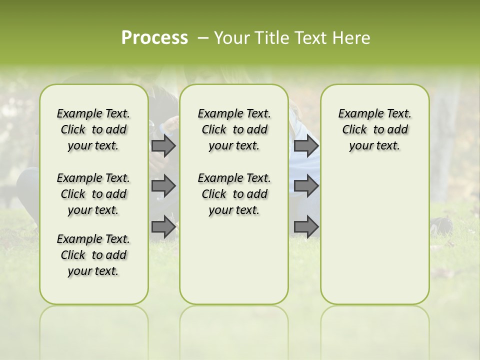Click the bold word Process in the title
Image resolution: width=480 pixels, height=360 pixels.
tap(154, 37)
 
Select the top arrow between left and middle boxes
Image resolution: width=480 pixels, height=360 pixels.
tap(163, 145)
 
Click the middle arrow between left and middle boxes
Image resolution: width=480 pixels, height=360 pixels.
tap(163, 186)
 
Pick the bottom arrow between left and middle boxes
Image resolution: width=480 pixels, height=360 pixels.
tap(163, 226)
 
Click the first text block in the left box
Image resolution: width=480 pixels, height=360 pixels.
tap(93, 129)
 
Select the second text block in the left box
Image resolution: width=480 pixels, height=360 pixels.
tap(93, 194)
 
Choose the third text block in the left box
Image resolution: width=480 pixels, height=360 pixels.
tap(93, 255)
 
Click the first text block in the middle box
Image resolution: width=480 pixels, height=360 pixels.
tap(234, 129)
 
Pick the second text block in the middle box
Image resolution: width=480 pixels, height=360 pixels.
tap(234, 194)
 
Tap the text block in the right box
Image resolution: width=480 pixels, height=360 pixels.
tap(375, 129)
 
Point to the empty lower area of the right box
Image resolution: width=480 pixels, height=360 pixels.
tap(375, 235)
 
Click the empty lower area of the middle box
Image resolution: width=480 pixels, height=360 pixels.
tap(234, 260)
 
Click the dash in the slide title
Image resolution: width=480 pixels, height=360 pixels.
tap(203, 38)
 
